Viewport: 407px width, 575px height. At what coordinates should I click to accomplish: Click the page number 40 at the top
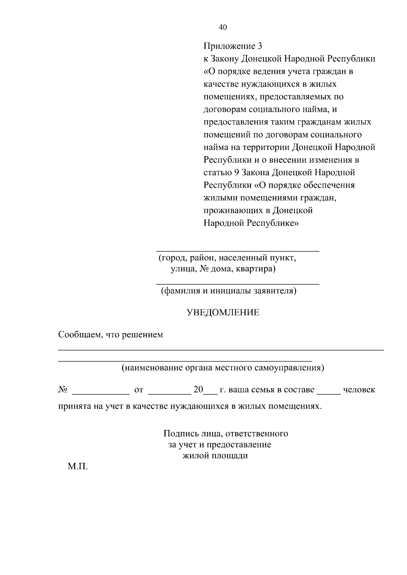pyautogui.click(x=223, y=27)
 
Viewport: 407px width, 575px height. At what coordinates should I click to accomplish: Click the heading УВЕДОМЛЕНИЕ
pyautogui.click(x=223, y=312)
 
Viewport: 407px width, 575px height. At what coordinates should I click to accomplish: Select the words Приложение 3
pyautogui.click(x=233, y=46)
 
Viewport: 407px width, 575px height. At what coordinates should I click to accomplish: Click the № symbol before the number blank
pyautogui.click(x=63, y=390)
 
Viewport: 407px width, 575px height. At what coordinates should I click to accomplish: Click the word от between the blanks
pyautogui.click(x=139, y=390)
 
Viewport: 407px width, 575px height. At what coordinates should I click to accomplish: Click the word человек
pyautogui.click(x=359, y=390)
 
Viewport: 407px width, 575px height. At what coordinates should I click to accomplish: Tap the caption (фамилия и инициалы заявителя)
pyautogui.click(x=228, y=291)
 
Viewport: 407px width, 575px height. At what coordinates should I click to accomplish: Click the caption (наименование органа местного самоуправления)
pyautogui.click(x=223, y=368)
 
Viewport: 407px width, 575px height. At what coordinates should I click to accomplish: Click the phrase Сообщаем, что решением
pyautogui.click(x=111, y=335)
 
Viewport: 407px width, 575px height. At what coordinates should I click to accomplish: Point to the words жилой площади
pyautogui.click(x=215, y=456)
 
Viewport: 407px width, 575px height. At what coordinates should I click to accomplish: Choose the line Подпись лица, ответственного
pyautogui.click(x=226, y=434)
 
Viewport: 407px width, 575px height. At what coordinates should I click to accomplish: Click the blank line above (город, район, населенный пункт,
pyautogui.click(x=237, y=250)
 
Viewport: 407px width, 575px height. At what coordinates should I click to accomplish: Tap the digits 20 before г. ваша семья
pyautogui.click(x=198, y=390)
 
